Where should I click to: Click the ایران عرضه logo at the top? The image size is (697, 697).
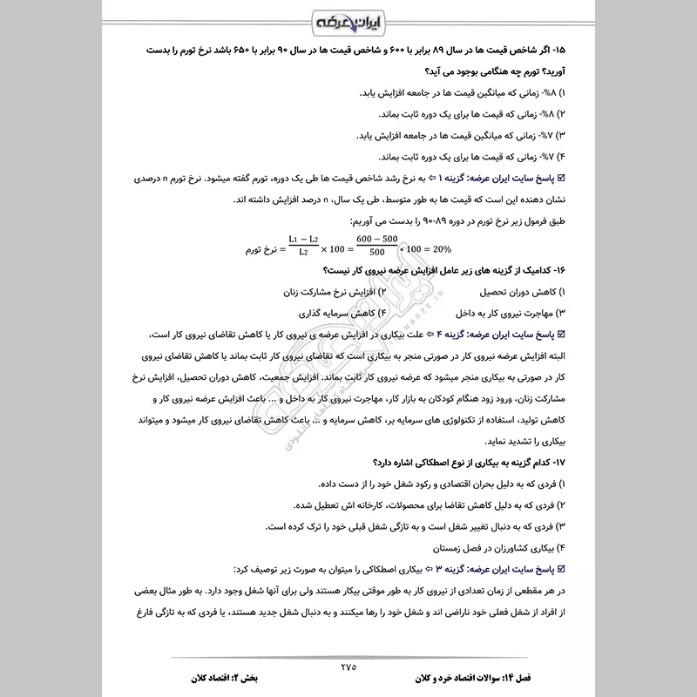348,20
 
